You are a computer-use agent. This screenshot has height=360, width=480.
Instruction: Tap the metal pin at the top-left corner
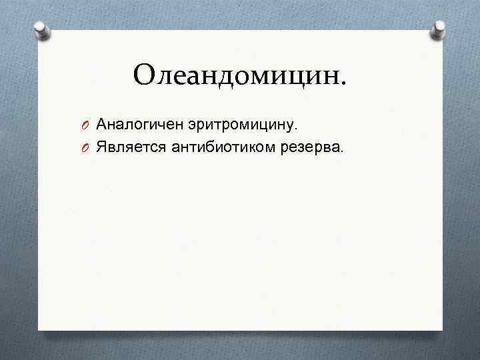tap(42, 31)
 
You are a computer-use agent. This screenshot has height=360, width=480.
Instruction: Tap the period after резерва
tap(344, 151)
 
